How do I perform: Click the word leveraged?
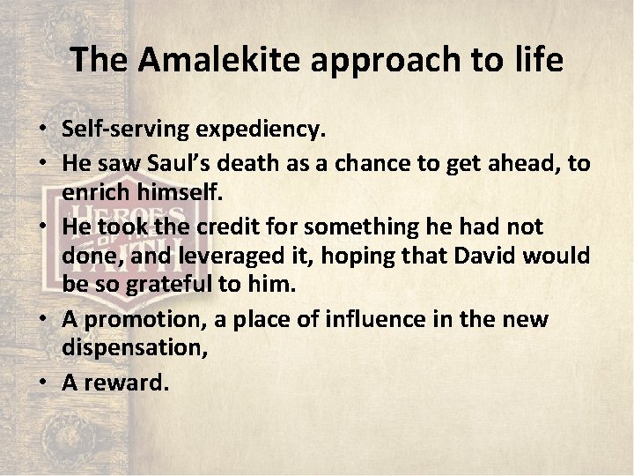230,255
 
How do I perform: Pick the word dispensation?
134,348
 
